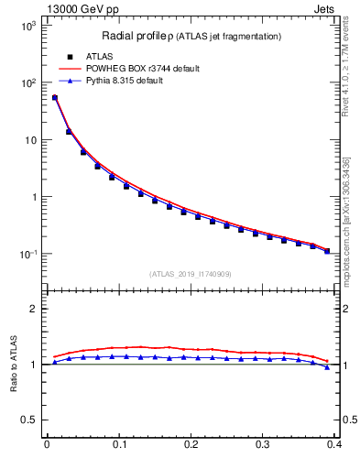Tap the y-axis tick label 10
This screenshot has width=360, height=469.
[x=29, y=140]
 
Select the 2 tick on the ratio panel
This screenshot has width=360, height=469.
[x=36, y=309]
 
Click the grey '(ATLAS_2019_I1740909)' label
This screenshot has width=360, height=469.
[x=190, y=274]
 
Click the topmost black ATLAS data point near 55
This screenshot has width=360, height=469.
[x=54, y=97]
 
